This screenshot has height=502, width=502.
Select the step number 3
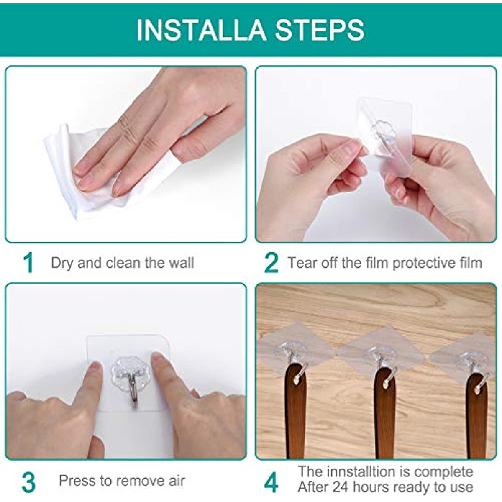pyautogui.click(x=28, y=482)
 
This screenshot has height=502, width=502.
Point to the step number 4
pyautogui.click(x=271, y=482)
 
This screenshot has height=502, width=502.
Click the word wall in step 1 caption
pyautogui.click(x=181, y=263)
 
